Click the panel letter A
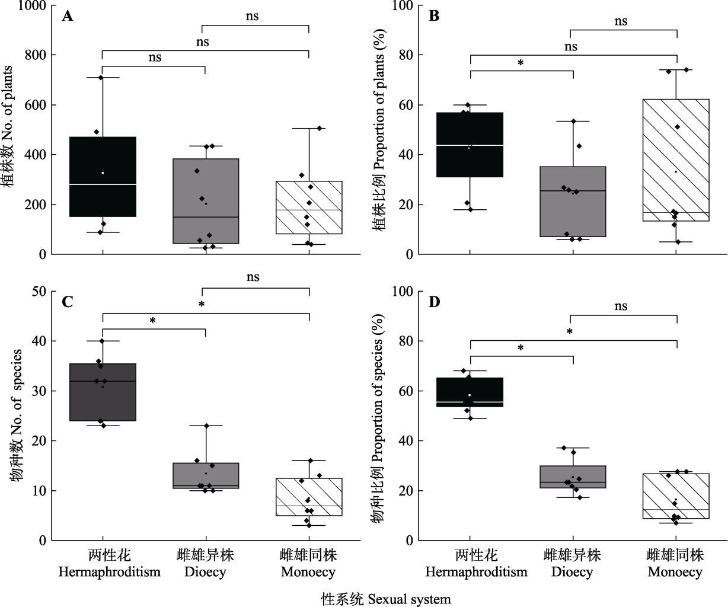tap(68, 16)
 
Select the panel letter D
tap(435, 302)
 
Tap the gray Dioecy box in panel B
tap(573, 202)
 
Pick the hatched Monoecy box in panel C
tap(309, 497)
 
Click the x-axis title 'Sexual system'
tap(386, 599)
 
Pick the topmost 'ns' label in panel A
tap(253, 16)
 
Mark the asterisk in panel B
tap(521, 63)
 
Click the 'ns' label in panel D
tap(620, 306)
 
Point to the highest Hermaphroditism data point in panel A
tap(101, 78)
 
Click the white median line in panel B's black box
tap(470, 145)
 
